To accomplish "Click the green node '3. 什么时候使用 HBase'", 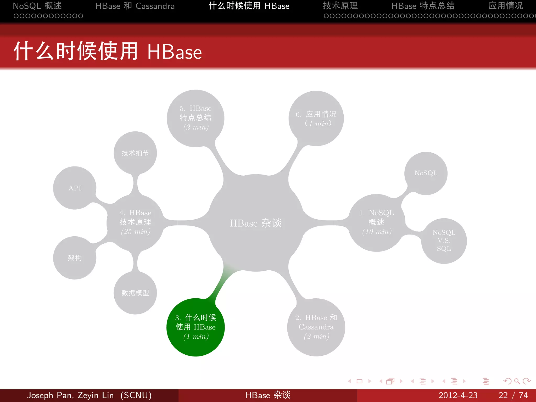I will (x=196, y=327).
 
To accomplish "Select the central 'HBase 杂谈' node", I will (x=256, y=223).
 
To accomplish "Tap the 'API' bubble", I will (x=75, y=188).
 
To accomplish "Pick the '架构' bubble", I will (x=75, y=258).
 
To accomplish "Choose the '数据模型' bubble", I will (x=135, y=293).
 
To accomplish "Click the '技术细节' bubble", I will (x=135, y=153).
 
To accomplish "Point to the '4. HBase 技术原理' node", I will (x=135, y=222).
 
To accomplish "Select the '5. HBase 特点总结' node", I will (x=196, y=118).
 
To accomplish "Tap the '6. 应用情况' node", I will (x=316, y=118).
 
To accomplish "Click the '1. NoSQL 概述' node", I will (x=377, y=222).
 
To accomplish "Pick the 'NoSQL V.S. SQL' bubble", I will (x=444, y=241).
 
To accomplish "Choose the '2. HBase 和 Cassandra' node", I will (x=316, y=327).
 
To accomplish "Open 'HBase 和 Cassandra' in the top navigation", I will (x=135, y=6).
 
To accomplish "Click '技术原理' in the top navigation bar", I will (x=340, y=6).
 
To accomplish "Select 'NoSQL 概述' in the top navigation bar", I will (x=37, y=6).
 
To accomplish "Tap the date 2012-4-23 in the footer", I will (x=458, y=395).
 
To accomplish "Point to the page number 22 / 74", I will (x=513, y=395).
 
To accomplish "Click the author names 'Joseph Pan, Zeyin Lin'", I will (x=70, y=395).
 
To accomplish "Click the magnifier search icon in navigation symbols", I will (x=517, y=381).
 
